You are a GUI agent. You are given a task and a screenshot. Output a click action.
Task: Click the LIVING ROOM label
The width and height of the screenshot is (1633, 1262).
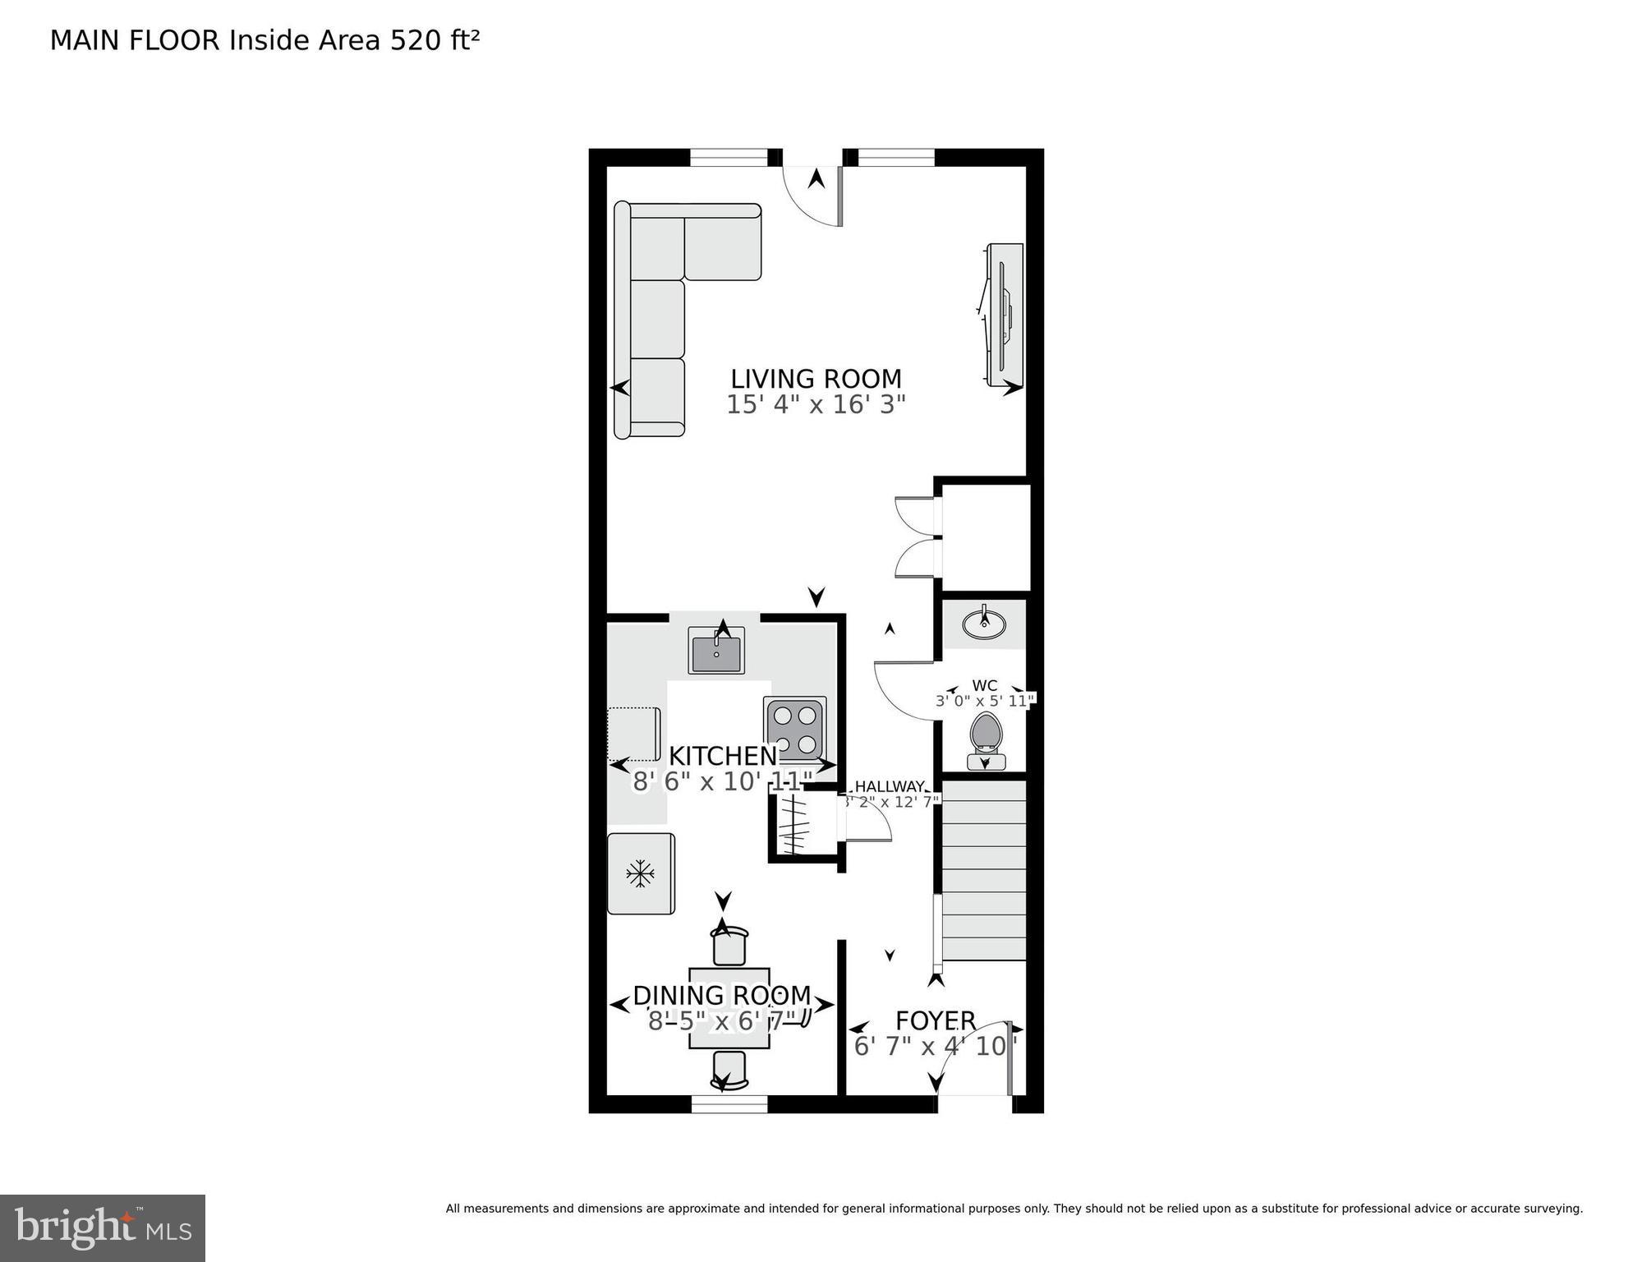pos(816,379)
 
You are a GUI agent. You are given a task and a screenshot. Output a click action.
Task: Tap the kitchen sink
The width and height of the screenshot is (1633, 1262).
pos(717,651)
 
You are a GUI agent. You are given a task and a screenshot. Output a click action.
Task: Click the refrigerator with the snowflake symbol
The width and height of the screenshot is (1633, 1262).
pos(641,873)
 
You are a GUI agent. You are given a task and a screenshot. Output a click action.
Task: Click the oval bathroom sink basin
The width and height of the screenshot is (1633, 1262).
pos(984,625)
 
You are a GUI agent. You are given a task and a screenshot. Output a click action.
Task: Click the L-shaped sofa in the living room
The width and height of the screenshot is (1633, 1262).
pos(657,312)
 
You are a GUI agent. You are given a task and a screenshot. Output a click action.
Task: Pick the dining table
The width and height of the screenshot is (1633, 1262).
pos(729,1008)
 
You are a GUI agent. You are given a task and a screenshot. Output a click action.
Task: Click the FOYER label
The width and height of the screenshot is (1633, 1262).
pos(935,1020)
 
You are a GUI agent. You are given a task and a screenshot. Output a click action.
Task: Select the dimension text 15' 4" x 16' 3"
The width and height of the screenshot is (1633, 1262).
pos(816,405)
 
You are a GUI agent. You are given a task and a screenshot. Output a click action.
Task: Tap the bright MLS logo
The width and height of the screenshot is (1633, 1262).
pos(102,1227)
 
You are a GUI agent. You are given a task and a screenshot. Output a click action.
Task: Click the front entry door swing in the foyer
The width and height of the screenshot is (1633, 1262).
pos(973,1060)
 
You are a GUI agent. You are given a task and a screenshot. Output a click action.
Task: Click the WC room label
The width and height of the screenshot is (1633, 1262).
pos(984,685)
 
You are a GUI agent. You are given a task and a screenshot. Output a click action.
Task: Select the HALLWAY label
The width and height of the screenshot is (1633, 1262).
pos(890,786)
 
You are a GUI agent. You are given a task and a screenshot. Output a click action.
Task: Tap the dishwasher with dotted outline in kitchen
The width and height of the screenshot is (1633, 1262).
pos(634,734)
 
